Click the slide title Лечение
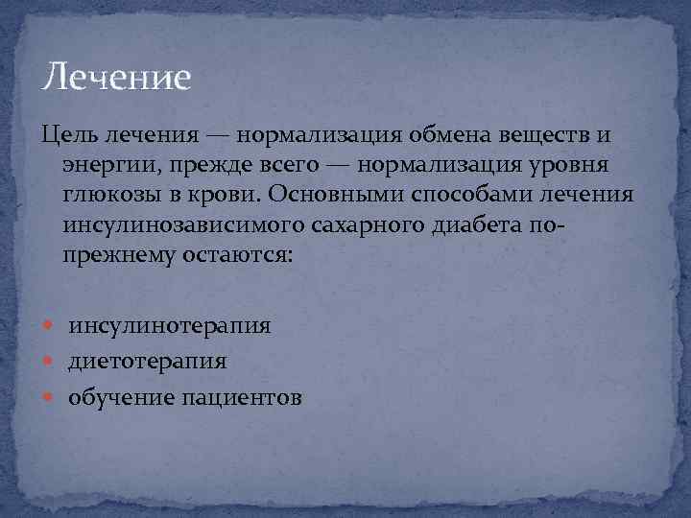click(x=118, y=76)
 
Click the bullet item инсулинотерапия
click(x=169, y=326)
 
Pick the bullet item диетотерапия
click(x=147, y=362)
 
